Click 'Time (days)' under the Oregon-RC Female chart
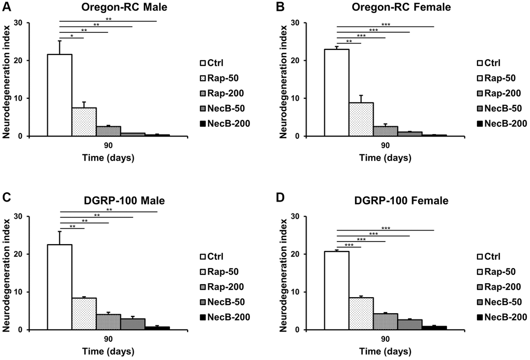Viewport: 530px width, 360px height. pos(385,157)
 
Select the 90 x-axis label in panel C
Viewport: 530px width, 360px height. pos(108,340)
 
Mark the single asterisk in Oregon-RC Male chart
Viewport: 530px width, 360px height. pos(72,36)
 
